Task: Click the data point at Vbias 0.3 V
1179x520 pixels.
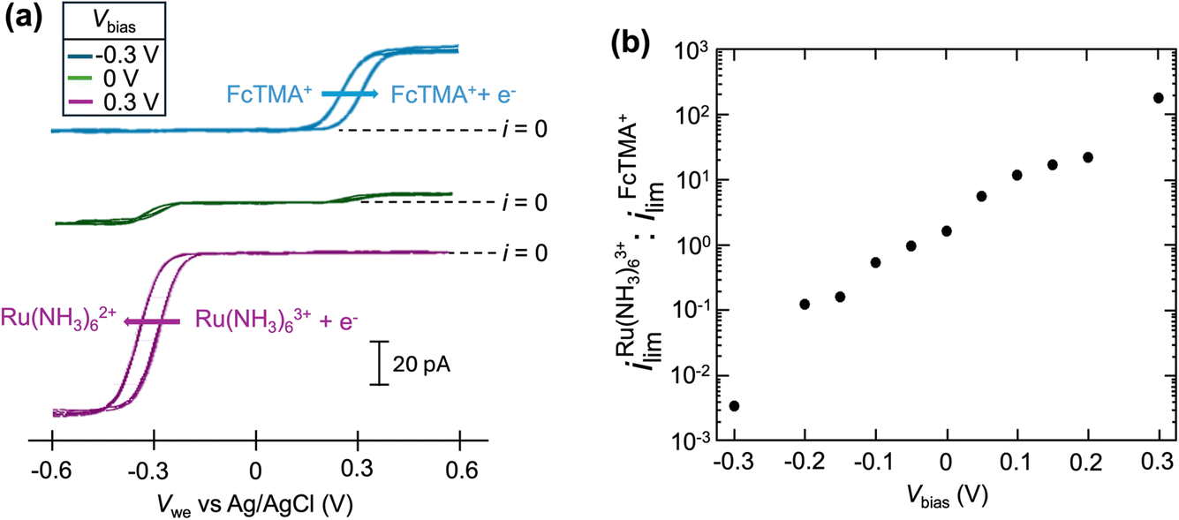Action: coord(1159,97)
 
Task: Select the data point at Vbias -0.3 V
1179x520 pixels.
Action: coord(734,405)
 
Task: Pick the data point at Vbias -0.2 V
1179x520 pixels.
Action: coord(805,304)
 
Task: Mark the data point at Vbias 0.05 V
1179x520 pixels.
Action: coord(981,196)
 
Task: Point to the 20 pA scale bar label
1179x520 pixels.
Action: coord(422,363)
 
